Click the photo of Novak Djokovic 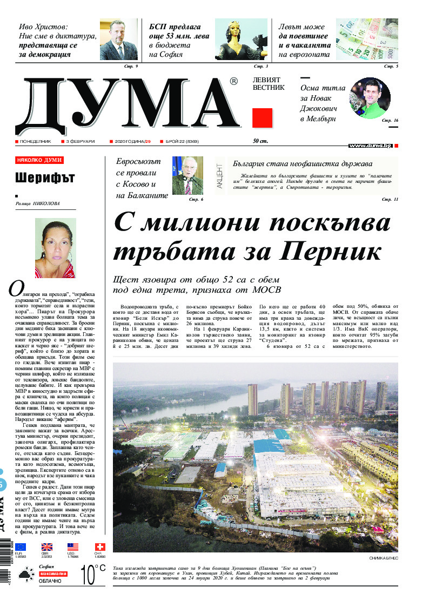tap(370, 98)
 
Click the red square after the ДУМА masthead tap(262, 117)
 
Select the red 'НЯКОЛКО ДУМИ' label tap(39, 161)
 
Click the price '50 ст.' tap(260, 142)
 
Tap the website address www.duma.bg tap(370, 146)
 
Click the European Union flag tap(21, 547)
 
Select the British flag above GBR tap(47, 547)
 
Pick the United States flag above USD tap(73, 547)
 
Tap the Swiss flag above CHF tap(99, 547)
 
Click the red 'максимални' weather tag tap(53, 574)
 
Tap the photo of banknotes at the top tap(367, 38)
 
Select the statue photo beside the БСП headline tap(241, 39)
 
